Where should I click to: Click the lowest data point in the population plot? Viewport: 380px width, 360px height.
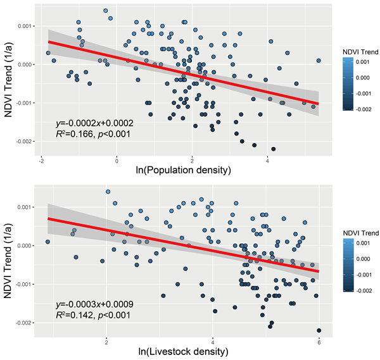[274, 149]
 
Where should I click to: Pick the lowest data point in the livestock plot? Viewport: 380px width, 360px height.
[319, 330]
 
